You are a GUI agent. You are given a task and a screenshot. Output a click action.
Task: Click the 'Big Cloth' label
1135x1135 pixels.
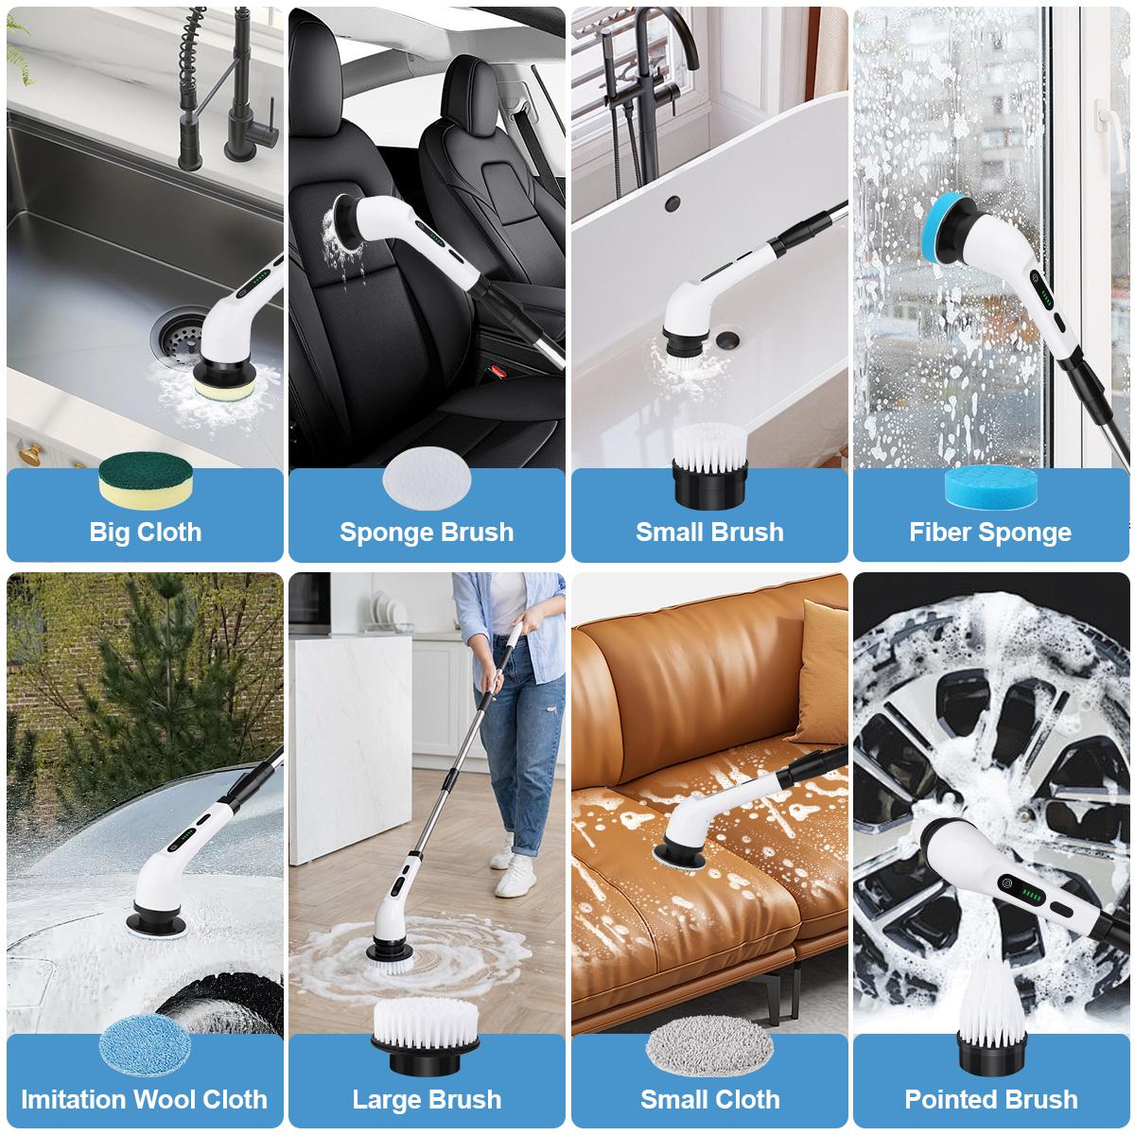(145, 532)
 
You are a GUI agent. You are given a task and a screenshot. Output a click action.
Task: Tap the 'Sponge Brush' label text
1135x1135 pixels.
(427, 532)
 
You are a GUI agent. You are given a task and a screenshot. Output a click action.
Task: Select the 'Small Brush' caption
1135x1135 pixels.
(709, 532)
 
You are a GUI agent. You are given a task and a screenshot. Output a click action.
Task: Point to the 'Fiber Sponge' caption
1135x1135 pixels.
(990, 532)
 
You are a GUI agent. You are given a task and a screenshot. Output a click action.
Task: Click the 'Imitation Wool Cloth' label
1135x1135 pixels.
(145, 1099)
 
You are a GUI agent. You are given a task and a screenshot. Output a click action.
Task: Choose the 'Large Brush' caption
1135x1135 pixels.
(427, 1099)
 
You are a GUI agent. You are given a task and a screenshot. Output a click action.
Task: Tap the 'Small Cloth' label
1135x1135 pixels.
(709, 1099)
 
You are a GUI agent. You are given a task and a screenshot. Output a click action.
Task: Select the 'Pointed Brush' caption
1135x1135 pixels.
(990, 1099)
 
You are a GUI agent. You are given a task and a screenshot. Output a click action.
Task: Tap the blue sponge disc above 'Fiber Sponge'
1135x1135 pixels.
(990, 484)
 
